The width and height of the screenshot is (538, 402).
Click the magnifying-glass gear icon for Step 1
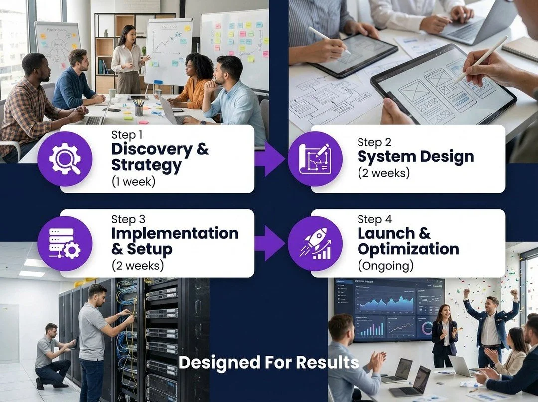coord(65,158)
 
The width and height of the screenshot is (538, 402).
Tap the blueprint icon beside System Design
coord(315,158)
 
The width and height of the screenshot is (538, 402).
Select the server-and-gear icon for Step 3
coord(65,243)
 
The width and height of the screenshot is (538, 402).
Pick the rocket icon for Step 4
coord(315,243)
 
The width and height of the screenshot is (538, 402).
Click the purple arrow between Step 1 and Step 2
coord(269,158)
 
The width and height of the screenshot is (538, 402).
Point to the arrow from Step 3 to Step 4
coord(269,243)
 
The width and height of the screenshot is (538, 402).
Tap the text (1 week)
coord(133,182)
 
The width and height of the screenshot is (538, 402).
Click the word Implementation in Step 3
coord(175,233)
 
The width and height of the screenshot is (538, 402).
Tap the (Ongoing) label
coord(385,266)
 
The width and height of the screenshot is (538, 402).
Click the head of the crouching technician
coord(51,330)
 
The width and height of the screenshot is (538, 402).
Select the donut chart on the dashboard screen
coord(427,328)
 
